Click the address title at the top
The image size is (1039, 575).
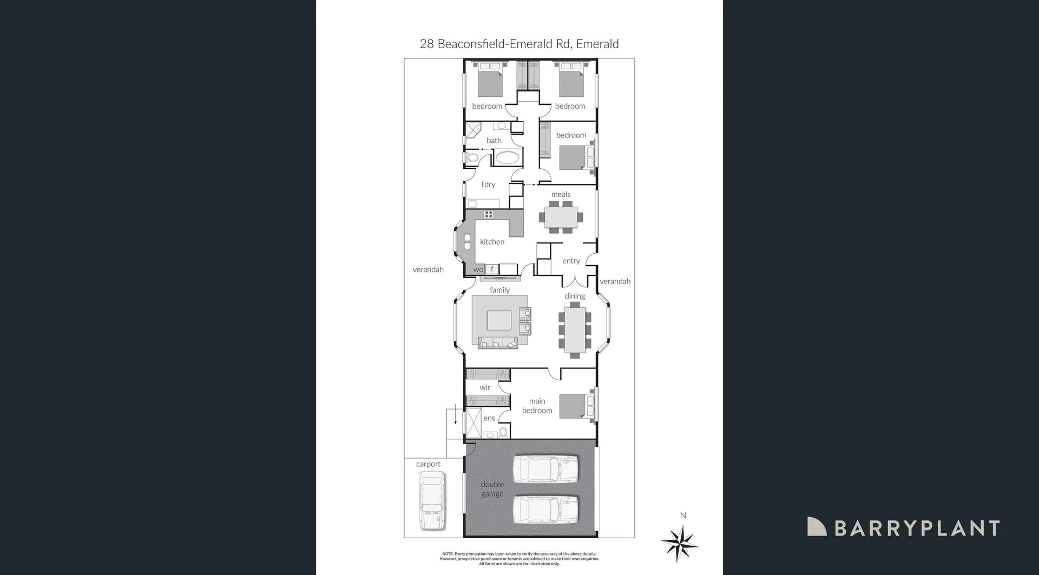tap(519, 44)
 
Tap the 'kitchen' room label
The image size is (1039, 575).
tap(492, 242)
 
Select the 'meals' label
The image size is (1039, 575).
tap(561, 194)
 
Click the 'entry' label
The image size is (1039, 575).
tap(571, 261)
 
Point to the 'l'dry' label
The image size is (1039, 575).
tap(488, 184)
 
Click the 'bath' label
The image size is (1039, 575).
tap(494, 141)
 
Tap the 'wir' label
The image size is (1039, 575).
tap(485, 387)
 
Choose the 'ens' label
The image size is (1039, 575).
tap(489, 418)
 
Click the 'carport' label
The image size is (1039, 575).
tap(428, 464)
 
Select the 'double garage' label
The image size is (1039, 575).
tap(492, 489)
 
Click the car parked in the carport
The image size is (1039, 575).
tap(432, 500)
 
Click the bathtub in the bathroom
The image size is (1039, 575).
tap(507, 158)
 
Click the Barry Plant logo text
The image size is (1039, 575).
tap(917, 528)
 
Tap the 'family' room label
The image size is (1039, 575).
tap(499, 290)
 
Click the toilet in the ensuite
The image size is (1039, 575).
tap(503, 432)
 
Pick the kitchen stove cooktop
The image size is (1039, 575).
tap(489, 215)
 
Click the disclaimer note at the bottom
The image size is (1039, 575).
tap(519, 559)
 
